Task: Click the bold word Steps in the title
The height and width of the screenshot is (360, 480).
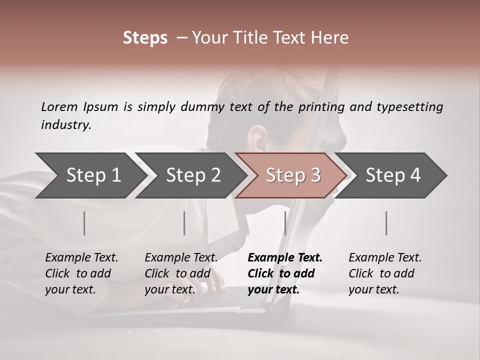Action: [x=145, y=38]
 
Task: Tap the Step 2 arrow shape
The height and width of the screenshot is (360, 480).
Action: [x=190, y=175]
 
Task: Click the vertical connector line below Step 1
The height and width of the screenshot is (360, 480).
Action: [x=84, y=223]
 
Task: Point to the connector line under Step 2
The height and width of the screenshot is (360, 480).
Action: [x=184, y=223]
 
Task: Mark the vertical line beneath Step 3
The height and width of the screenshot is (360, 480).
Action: [x=285, y=223]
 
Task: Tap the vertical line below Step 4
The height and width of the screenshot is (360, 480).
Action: [x=386, y=223]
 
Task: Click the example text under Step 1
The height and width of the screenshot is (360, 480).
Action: [x=81, y=273]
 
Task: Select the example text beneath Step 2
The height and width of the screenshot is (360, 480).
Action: [x=181, y=273]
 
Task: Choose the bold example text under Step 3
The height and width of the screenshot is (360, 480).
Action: [x=284, y=273]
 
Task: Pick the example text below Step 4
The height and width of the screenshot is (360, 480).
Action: [x=385, y=273]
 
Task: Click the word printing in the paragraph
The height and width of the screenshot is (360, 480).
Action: [x=322, y=107]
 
